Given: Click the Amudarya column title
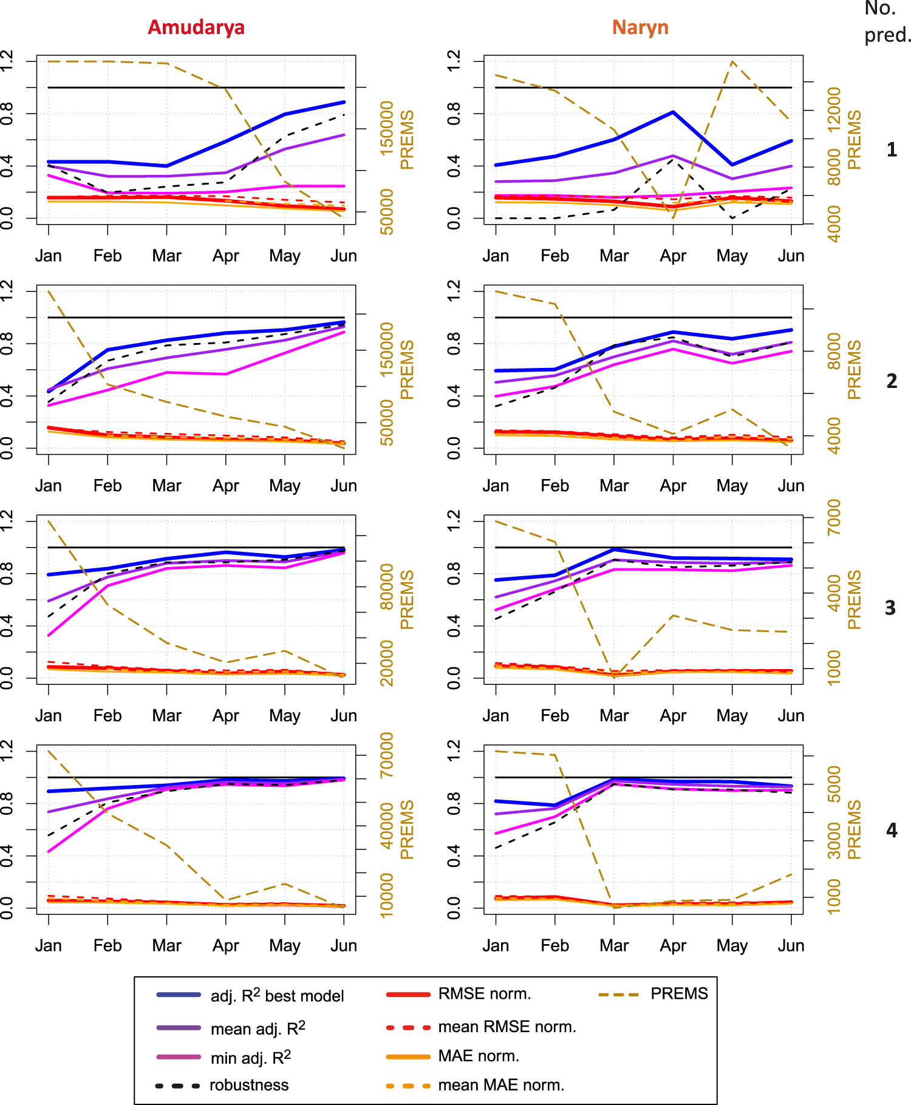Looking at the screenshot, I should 196,27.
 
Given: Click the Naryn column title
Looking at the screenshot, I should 640,27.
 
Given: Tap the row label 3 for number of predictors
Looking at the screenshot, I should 890,608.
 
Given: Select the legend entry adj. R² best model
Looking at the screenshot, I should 277,996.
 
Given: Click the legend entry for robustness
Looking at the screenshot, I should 249,1085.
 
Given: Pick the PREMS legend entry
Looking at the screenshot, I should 679,994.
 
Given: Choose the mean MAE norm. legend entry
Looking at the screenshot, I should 501,1085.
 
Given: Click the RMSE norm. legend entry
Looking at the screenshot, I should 484,994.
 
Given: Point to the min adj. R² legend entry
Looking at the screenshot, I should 250,1058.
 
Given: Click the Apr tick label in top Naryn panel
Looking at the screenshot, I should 673,256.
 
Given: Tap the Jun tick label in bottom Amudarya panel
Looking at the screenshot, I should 344,945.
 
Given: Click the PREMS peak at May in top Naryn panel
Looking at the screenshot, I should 732,61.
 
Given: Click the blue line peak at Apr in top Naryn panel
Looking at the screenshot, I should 673,112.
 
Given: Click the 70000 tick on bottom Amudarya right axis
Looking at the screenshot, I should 387,755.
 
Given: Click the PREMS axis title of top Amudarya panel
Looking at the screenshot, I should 407,140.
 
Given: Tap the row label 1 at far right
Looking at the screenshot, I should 892,149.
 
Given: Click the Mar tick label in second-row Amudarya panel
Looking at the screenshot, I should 166,486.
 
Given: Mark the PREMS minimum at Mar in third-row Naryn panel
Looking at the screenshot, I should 614,676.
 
